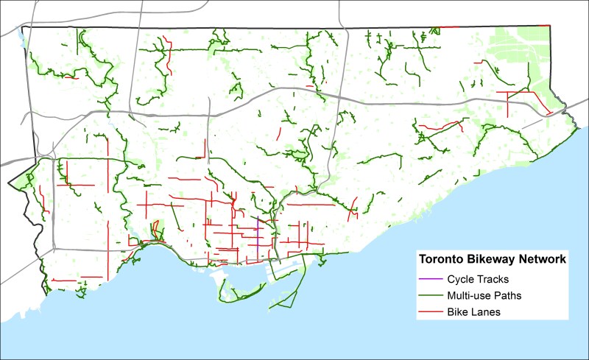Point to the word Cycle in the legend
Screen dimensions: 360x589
click(x=461, y=280)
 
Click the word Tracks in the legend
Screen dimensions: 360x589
click(x=494, y=280)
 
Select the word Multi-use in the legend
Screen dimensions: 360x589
click(x=470, y=296)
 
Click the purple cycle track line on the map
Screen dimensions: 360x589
click(x=258, y=236)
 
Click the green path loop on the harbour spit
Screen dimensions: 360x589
click(x=289, y=291)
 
